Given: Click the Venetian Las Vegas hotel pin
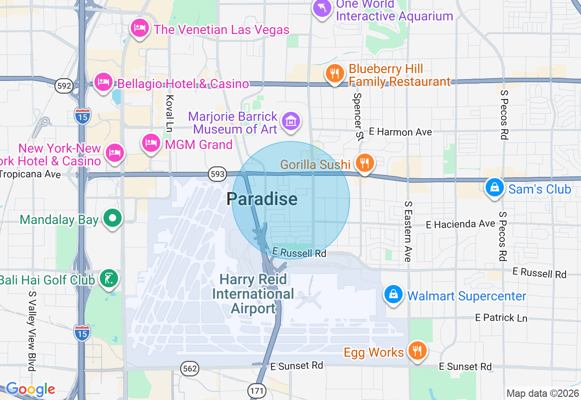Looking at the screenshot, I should [x=140, y=29].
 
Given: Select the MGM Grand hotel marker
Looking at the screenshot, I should [x=151, y=144].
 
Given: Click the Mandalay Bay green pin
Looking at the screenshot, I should [x=112, y=219].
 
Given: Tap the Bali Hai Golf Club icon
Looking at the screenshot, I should [x=109, y=278].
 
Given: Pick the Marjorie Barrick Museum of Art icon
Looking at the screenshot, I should [x=290, y=121].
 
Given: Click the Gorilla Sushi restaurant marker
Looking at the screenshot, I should [x=364, y=163].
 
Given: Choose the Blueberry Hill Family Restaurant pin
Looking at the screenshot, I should [x=335, y=73].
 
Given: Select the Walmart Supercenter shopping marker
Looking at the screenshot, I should [x=394, y=295].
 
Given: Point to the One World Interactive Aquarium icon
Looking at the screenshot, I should [x=322, y=8].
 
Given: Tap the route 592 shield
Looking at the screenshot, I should [x=64, y=86].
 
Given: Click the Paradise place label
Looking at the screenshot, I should [x=262, y=199].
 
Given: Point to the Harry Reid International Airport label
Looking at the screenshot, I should [x=253, y=294].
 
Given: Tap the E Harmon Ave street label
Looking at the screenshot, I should [x=400, y=132].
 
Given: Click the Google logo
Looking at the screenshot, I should [x=30, y=389].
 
